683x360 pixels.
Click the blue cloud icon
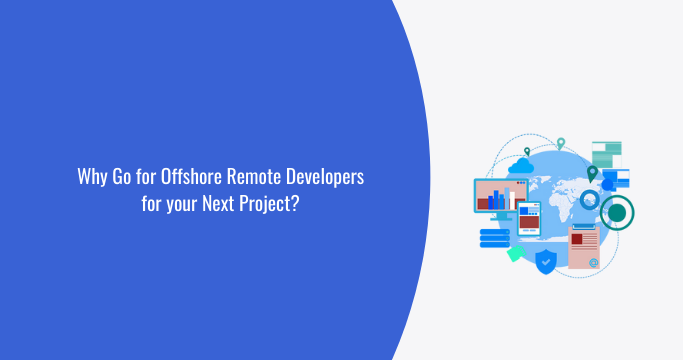525,165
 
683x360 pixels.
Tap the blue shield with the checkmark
546,262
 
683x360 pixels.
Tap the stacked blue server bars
494,237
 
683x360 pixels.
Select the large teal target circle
618,211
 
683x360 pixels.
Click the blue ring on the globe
590,201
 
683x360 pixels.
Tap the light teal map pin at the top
561,143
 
